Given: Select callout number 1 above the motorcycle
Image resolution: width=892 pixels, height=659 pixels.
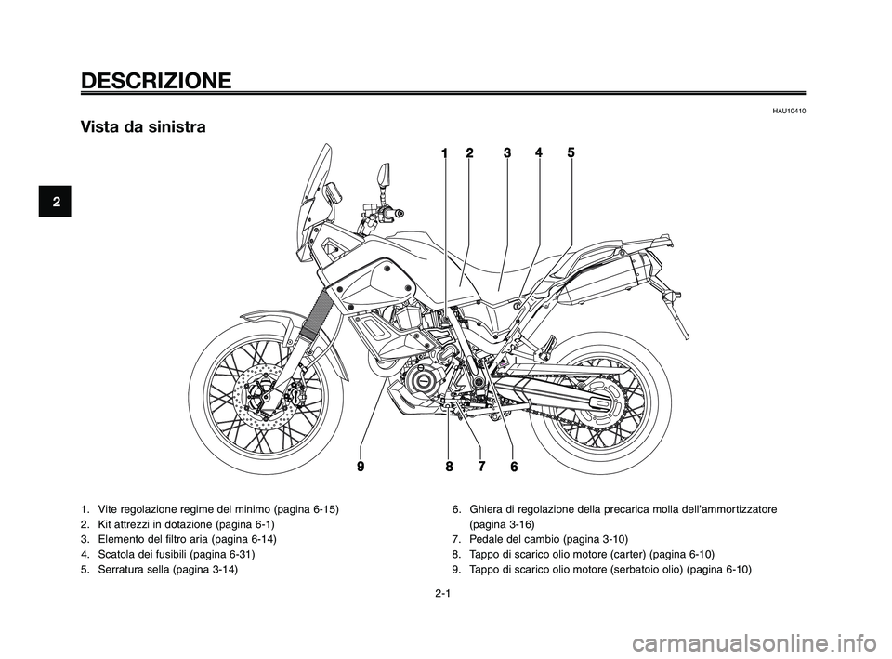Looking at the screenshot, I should pyautogui.click(x=445, y=153).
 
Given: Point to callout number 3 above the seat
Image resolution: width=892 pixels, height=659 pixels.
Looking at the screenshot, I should pyautogui.click(x=507, y=153).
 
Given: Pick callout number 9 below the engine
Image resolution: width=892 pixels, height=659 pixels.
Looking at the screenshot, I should pyautogui.click(x=361, y=468).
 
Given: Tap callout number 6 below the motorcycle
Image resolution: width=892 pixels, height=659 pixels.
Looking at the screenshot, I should pyautogui.click(x=513, y=469).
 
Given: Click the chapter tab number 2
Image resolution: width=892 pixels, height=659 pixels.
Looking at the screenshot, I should pyautogui.click(x=55, y=202).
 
